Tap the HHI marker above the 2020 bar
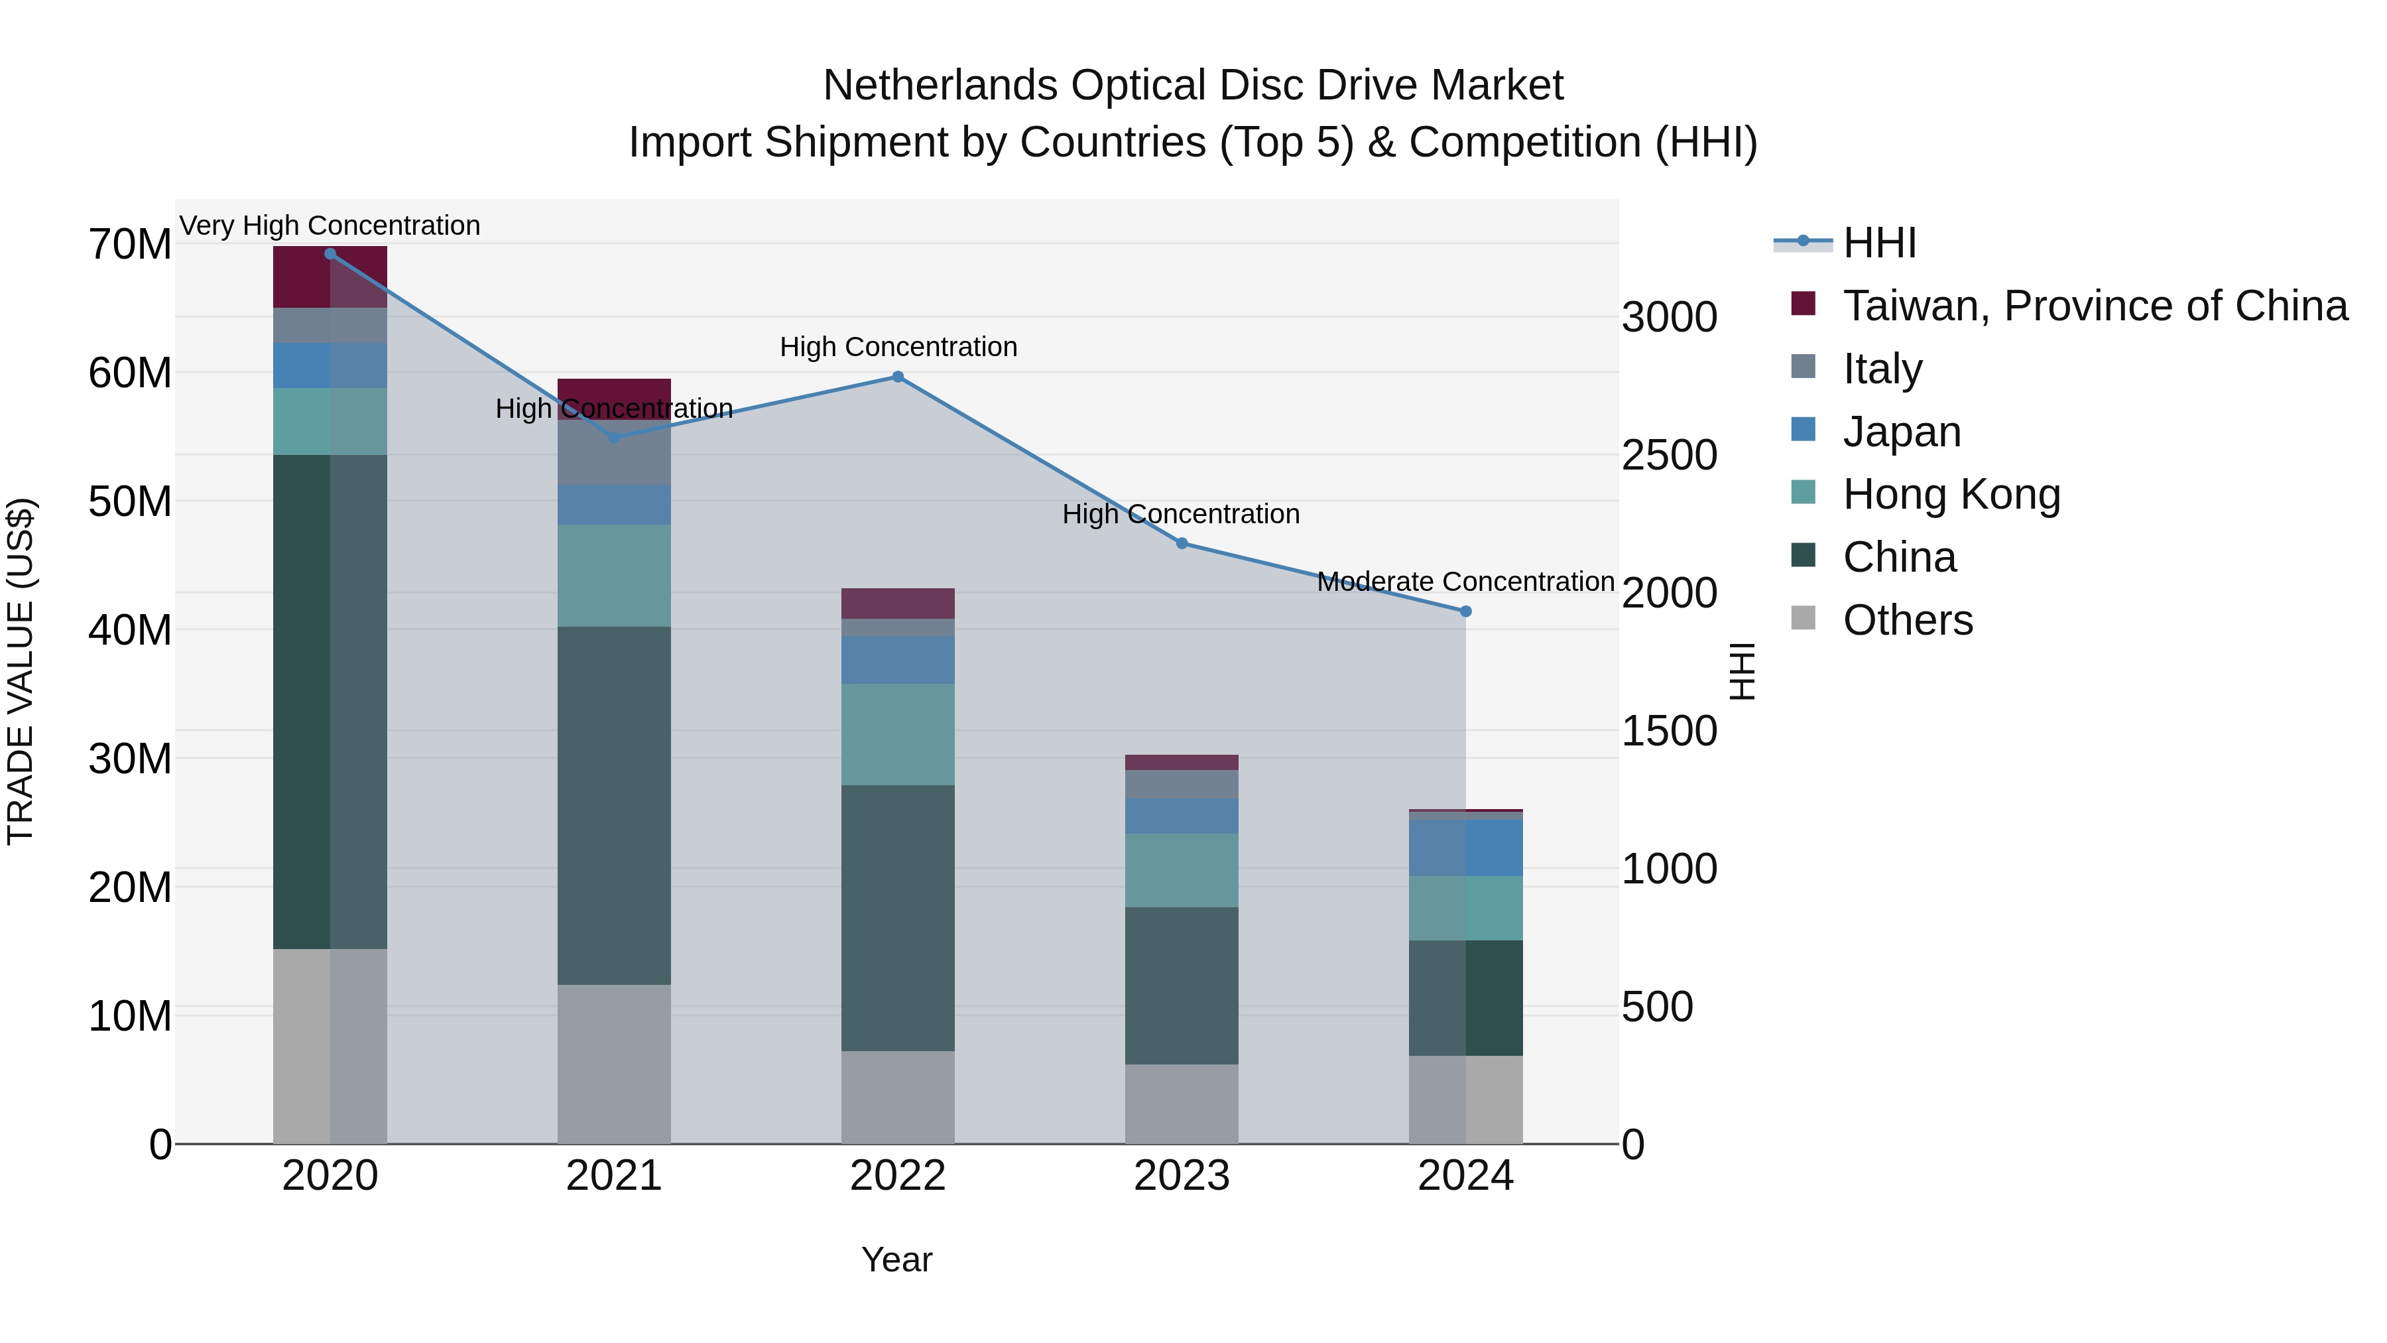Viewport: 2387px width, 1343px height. (330, 254)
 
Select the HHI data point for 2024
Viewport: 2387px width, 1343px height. (1465, 611)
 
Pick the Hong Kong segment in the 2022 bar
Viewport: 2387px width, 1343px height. (897, 734)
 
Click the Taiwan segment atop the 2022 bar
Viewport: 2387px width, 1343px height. (897, 604)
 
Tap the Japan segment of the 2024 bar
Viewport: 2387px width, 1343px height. (1465, 847)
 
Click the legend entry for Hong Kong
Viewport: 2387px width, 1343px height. (1951, 494)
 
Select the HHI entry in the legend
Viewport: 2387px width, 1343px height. (1878, 243)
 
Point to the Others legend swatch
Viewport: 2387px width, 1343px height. (1804, 618)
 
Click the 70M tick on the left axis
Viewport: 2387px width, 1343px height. (130, 245)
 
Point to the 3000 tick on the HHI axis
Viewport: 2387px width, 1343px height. (1669, 318)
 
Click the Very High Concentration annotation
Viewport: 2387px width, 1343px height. (330, 225)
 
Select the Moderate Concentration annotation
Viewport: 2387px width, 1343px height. (1465, 582)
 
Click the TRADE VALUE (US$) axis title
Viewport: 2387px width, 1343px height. (21, 671)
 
